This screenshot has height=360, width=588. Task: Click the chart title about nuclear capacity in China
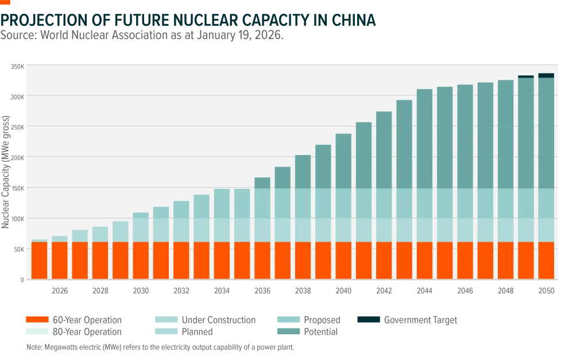tap(188, 20)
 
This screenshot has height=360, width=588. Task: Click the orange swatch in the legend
tap(37, 319)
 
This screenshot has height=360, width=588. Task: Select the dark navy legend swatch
tap(367, 319)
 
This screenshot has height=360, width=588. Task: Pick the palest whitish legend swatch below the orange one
tap(37, 330)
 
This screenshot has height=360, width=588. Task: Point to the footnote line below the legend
tap(158, 348)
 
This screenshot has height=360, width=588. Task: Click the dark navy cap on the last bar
tap(546, 75)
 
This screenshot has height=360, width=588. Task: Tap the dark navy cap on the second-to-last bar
tap(526, 76)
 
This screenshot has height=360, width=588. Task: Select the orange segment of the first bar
tap(39, 260)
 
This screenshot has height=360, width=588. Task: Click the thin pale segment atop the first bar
tap(39, 241)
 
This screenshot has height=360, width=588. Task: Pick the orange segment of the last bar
tap(546, 260)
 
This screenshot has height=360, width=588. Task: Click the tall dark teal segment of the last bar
tap(546, 132)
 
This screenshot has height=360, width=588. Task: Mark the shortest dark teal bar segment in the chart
tap(262, 183)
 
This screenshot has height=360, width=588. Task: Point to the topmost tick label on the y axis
tap(17, 65)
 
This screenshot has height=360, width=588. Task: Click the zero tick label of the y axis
tap(18, 280)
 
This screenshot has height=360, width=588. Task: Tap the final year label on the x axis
tap(546, 290)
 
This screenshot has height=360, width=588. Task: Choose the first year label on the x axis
tap(59, 290)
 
